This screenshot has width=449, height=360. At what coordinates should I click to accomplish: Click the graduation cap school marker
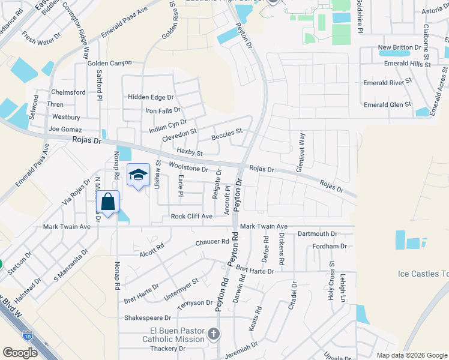[x=138, y=175]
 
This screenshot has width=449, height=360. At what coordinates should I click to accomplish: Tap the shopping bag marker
[x=108, y=203]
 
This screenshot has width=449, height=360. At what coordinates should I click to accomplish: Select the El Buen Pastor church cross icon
[x=213, y=333]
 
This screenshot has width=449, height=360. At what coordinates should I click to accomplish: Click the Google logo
[x=20, y=352]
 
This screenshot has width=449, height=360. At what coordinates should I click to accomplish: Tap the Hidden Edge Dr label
[x=150, y=97]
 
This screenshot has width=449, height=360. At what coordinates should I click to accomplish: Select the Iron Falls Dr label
[x=163, y=110]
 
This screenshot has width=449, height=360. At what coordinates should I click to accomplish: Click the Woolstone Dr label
[x=188, y=169]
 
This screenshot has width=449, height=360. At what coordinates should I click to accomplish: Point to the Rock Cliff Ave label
[x=191, y=216]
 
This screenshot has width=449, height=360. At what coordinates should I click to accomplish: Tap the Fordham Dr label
[x=330, y=246]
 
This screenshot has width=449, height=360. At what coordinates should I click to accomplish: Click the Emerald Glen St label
[x=388, y=104]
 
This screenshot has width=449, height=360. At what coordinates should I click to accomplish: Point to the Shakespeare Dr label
[x=148, y=318]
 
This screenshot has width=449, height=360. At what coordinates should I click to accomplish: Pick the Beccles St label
[x=226, y=131]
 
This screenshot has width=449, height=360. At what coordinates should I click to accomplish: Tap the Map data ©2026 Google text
[x=411, y=355]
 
